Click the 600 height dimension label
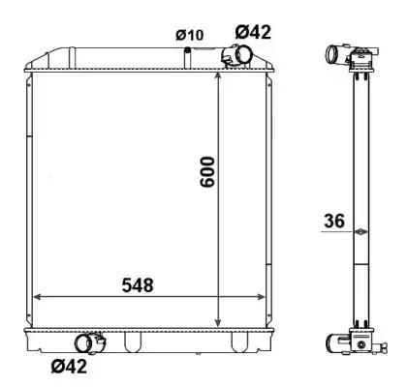[x=207, y=172]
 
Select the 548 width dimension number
[x=138, y=285]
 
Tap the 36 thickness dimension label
[x=334, y=222]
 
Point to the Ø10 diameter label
[x=190, y=35]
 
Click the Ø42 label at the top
[x=253, y=32]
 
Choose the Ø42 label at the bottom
[x=69, y=366]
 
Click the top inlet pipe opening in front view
[x=242, y=54]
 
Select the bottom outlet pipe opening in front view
[x=83, y=343]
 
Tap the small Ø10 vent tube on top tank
[x=187, y=58]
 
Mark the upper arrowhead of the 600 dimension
[x=218, y=75]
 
